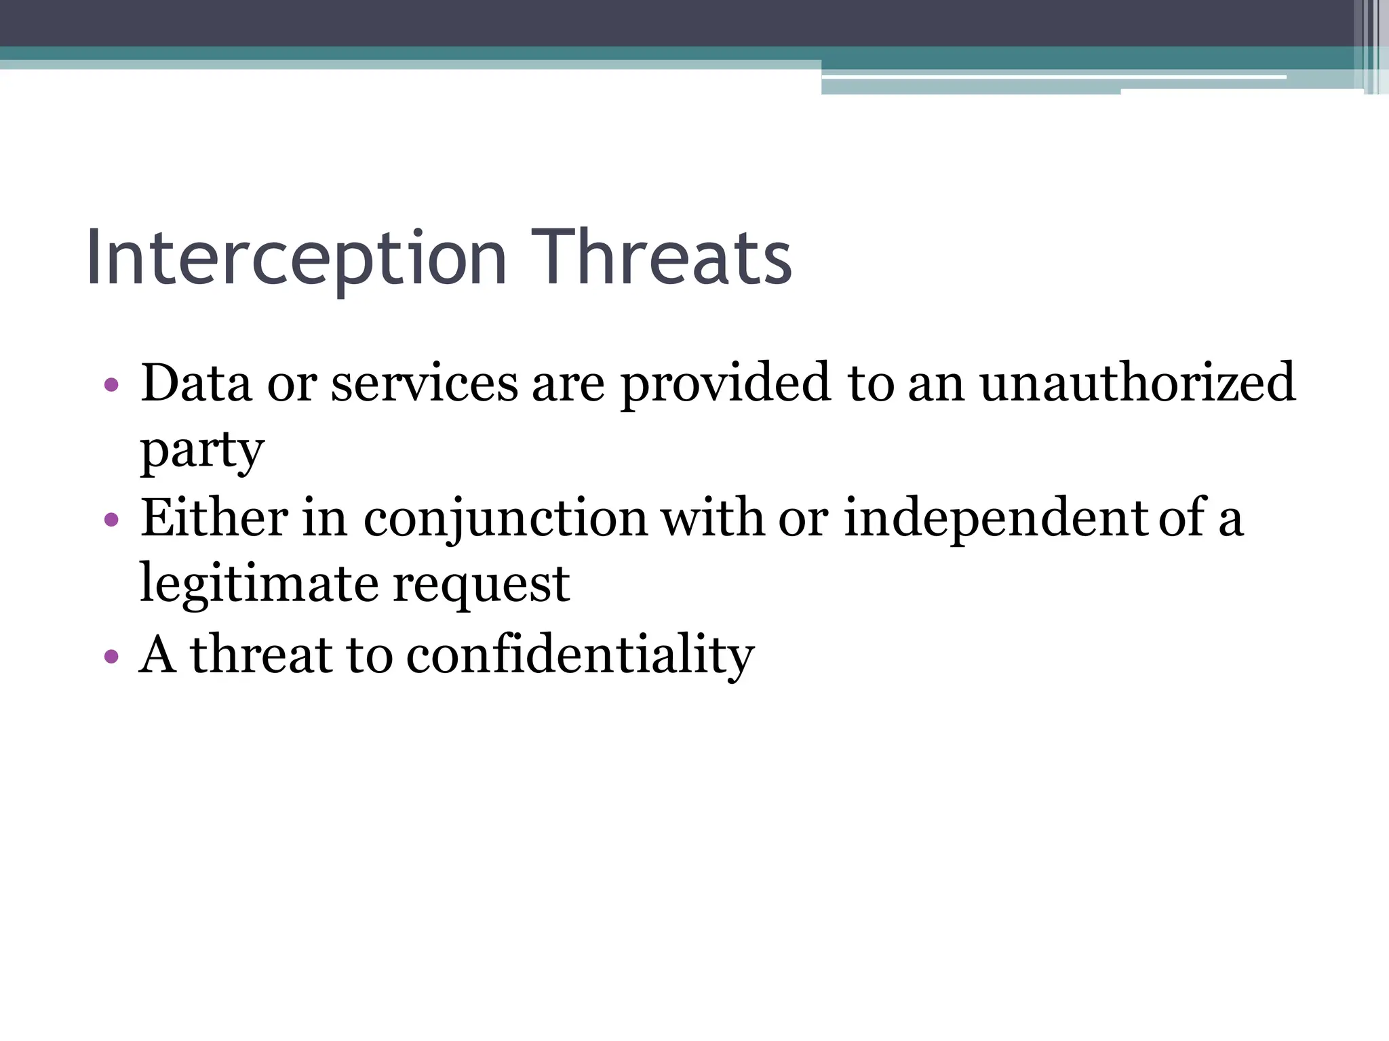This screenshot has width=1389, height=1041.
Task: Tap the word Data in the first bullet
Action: point(196,384)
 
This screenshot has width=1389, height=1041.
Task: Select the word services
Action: point(424,384)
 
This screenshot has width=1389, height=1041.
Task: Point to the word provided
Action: point(725,384)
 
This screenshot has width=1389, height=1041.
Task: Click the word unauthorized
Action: point(1137,384)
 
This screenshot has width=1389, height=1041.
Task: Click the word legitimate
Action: point(258,585)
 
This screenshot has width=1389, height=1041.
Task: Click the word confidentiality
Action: point(580,656)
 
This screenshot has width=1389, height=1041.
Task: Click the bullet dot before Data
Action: point(112,386)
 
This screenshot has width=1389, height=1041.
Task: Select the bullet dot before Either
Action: point(112,520)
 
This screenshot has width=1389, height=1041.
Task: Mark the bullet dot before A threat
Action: point(112,657)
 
